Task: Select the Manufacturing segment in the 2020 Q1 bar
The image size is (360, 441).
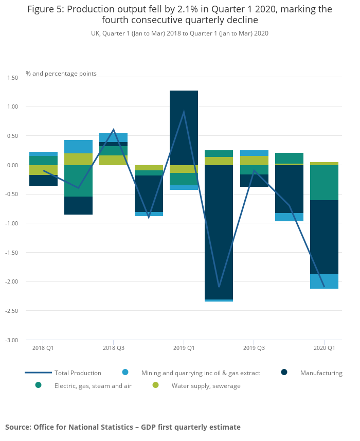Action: click(324, 237)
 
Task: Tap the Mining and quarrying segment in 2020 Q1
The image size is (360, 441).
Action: click(324, 281)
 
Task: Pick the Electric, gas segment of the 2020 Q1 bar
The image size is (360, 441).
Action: click(324, 183)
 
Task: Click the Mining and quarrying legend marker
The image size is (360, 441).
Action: click(125, 373)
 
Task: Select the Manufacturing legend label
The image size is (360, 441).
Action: click(321, 373)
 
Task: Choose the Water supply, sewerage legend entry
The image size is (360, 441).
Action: click(206, 385)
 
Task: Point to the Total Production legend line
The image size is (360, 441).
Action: click(38, 373)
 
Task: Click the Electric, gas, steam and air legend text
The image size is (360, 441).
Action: click(93, 385)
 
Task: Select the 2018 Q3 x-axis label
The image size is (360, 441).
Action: click(114, 348)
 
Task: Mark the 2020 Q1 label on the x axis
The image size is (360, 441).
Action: click(324, 348)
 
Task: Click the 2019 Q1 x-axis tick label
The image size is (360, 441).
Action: click(184, 348)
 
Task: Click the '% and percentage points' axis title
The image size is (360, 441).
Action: click(61, 74)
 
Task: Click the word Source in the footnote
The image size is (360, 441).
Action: click(17, 427)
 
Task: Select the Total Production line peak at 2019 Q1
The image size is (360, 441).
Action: click(184, 112)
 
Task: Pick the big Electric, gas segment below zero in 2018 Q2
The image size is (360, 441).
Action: click(78, 181)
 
